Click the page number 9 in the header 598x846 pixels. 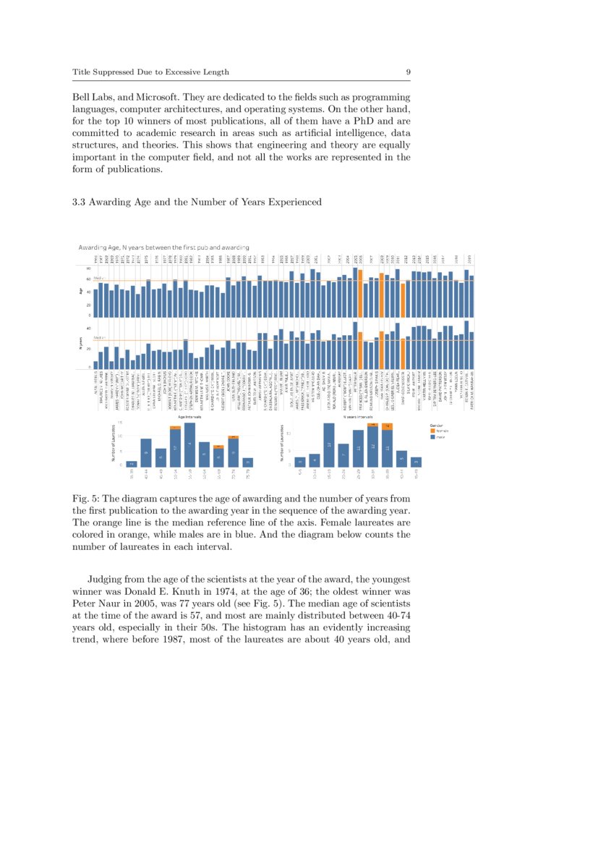tap(408, 72)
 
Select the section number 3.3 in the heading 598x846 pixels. tap(80, 202)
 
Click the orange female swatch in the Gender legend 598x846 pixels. tap(432, 431)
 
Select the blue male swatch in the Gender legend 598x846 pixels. tap(432, 437)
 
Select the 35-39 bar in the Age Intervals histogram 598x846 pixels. tap(131, 463)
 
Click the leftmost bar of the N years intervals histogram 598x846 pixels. tap(299, 461)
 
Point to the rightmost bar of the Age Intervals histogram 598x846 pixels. tap(248, 462)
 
